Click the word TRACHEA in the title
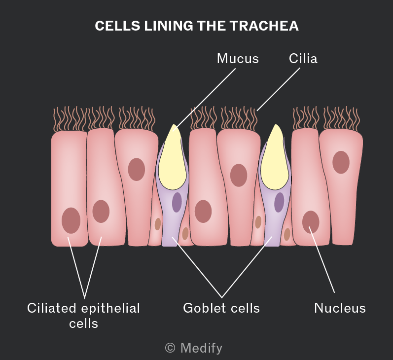(264, 26)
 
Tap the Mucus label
(238, 59)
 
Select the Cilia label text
(303, 59)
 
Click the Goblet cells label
(221, 308)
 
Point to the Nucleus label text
(340, 308)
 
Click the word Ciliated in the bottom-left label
(52, 308)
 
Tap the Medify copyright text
(194, 348)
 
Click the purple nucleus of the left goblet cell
(177, 202)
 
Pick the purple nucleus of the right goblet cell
(279, 202)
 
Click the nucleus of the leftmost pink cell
(71, 220)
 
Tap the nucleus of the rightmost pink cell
(341, 162)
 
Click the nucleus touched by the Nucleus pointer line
(311, 222)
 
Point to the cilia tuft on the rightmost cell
(341, 118)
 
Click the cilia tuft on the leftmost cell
(70, 119)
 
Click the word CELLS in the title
(117, 26)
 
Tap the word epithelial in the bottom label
(110, 308)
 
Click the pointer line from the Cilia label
(278, 89)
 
